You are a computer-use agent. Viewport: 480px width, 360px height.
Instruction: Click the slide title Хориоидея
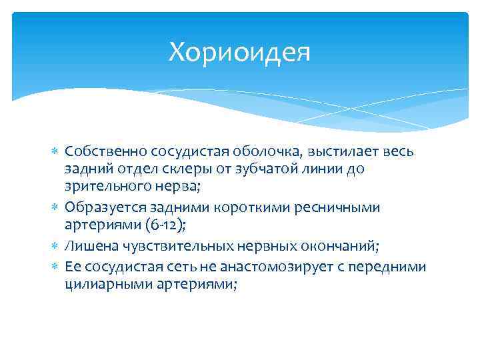click(239, 51)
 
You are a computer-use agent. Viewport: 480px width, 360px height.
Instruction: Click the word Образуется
click(103, 207)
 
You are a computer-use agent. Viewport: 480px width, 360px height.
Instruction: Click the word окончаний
click(340, 247)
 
